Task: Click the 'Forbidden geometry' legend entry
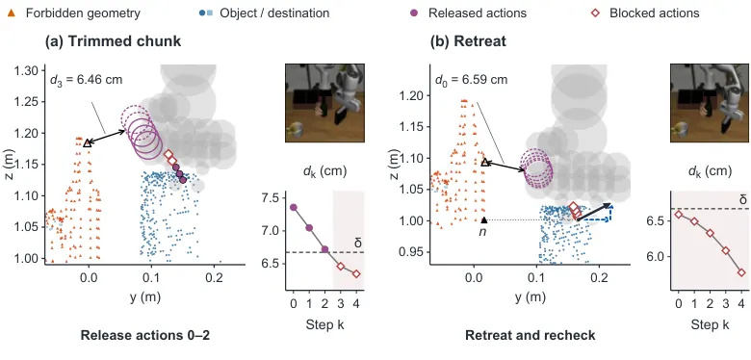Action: point(74,13)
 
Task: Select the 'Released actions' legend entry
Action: point(471,13)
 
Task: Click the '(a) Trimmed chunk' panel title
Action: point(113,41)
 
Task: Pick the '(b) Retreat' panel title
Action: point(468,41)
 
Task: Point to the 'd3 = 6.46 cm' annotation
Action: point(87,80)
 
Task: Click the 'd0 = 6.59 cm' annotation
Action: point(471,80)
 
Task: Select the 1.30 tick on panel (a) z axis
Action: point(28,71)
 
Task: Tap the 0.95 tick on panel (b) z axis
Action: point(412,252)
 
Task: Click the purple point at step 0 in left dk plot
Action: point(294,207)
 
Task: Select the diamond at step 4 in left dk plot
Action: point(356,273)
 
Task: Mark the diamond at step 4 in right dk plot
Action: point(741,272)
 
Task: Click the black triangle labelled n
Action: point(484,219)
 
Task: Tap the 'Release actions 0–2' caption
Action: point(145,336)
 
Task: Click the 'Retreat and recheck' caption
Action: point(531,336)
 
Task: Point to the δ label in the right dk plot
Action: point(743,199)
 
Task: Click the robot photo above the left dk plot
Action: point(325,103)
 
